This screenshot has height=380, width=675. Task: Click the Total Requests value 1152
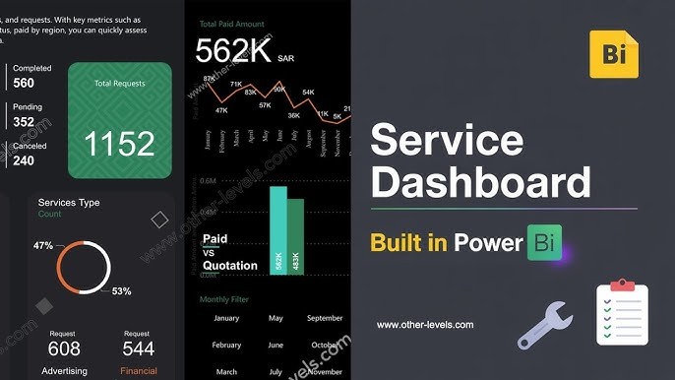119,143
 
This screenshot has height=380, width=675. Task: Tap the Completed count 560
24,84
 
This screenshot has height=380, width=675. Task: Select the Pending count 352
24,122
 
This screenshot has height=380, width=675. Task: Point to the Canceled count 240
24,160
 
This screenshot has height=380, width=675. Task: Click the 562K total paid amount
232,51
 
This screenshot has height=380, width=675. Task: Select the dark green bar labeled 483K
294,237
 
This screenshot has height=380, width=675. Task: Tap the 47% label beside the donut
43,245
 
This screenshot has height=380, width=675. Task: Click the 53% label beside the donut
121,291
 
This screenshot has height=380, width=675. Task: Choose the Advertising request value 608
64,349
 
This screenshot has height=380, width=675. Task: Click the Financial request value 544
138,349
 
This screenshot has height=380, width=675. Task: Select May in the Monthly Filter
276,318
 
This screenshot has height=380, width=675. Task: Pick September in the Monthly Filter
325,318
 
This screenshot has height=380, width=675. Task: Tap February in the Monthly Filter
226,346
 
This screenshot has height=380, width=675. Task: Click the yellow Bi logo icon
614,54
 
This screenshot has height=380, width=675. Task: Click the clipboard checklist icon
622,314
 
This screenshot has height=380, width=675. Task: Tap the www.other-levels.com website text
425,324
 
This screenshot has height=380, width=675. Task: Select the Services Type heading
69,203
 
